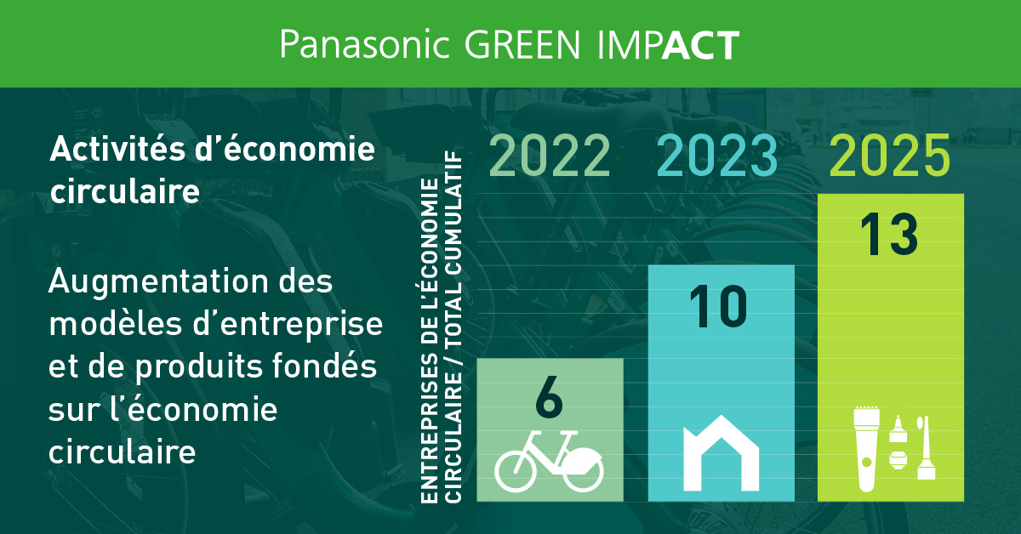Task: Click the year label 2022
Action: click(x=550, y=156)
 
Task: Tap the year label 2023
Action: click(x=717, y=156)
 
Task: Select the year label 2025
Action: click(x=890, y=156)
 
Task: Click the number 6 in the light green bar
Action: click(x=550, y=397)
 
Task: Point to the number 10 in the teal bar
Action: click(x=718, y=307)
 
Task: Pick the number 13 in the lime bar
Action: click(x=889, y=234)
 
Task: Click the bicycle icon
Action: click(x=549, y=461)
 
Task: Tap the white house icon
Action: click(x=722, y=453)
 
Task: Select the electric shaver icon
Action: click(x=866, y=449)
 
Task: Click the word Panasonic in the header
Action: click(x=365, y=44)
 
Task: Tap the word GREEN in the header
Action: click(x=522, y=45)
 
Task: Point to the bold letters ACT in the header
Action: click(x=700, y=45)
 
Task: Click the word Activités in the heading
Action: click(x=117, y=149)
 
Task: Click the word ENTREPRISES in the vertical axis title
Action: click(x=430, y=429)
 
